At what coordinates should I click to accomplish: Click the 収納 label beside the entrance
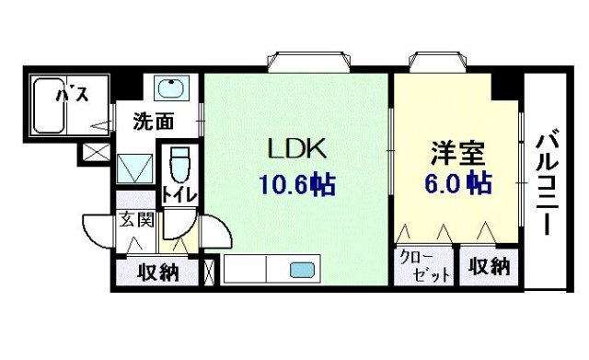point(157,272)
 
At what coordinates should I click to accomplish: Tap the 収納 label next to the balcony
point(488,267)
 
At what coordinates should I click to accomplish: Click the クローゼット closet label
point(425,267)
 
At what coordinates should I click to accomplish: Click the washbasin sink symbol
point(169,89)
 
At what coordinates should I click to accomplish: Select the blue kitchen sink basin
point(302,270)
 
